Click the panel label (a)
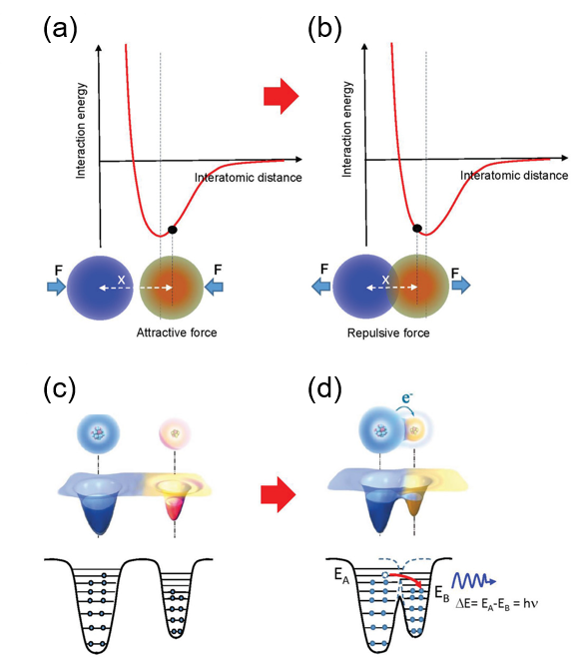(60, 30)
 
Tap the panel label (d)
(324, 389)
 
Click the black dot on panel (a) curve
(173, 230)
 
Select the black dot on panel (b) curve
(417, 229)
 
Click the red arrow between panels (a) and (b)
(282, 96)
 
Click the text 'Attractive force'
(177, 332)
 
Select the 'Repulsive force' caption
(388, 333)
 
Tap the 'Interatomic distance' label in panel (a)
(248, 178)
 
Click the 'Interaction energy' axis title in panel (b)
(346, 129)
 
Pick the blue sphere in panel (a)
(100, 288)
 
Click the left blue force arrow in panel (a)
(56, 287)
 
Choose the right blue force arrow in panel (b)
(461, 286)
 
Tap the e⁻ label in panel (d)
(406, 396)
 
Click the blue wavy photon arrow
(474, 581)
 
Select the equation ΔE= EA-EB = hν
(497, 604)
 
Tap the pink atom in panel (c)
(175, 433)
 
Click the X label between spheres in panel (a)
(121, 280)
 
